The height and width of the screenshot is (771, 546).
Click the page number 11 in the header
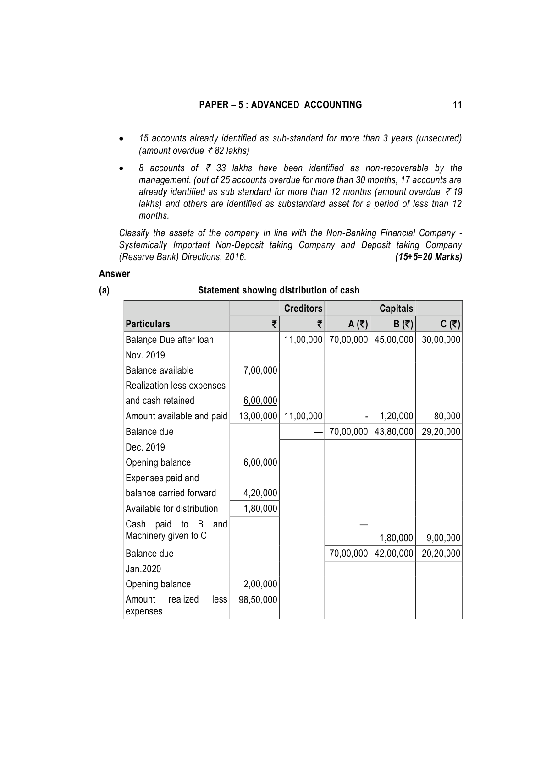457,105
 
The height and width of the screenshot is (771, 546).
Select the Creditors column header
303,309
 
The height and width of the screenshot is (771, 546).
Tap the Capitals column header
396,309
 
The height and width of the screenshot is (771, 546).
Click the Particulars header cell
148,324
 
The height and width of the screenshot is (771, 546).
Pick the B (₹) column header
403,324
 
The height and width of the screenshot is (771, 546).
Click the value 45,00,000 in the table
393,340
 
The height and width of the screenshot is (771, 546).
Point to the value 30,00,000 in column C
441,340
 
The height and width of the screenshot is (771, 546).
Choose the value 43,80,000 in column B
393,432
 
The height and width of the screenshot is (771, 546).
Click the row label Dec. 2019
145,447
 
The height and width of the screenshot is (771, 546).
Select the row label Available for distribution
172,509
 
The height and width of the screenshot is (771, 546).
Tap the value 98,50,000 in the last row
258,600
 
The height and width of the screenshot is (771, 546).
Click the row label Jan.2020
143,569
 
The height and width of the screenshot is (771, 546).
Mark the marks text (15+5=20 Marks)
428,257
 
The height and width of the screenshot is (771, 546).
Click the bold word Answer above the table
115,274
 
